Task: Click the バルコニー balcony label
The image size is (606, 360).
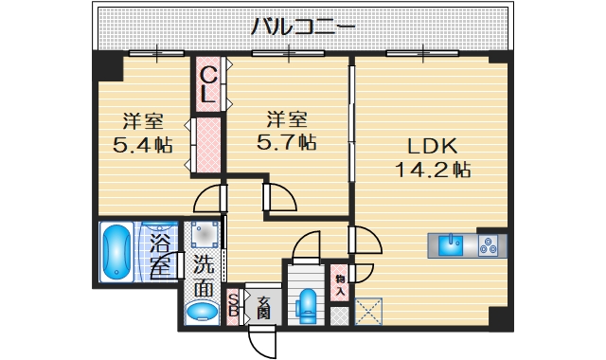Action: pos(303,27)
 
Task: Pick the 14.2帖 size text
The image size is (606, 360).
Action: pos(434,171)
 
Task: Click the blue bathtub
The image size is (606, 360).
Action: pos(118,251)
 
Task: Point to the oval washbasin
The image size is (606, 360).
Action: pos(201,312)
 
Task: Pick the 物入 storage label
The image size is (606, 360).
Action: pos(339,285)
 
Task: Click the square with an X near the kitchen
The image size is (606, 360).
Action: pos(367,312)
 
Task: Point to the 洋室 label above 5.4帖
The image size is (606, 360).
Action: pos(143,121)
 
